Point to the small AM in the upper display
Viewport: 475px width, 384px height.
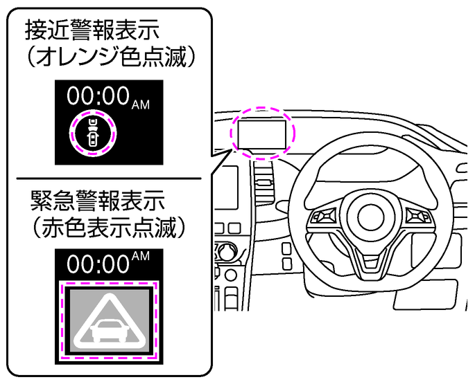(x=140, y=103)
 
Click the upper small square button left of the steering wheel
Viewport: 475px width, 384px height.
(x=287, y=248)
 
